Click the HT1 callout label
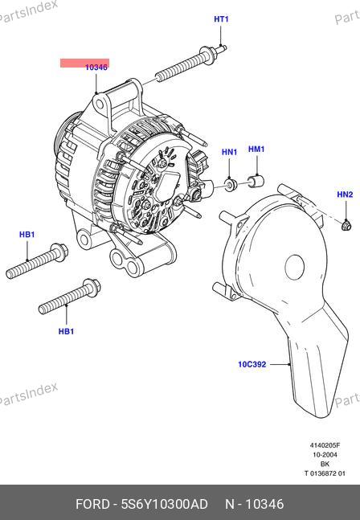tap(221, 19)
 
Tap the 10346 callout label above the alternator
tap(96, 68)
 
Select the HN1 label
tap(229, 152)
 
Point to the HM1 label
tap(256, 149)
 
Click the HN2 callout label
tap(345, 194)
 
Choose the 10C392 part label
tap(252, 364)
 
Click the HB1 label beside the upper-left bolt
tap(27, 235)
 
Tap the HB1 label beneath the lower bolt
tap(66, 331)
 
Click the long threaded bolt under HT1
tap(191, 63)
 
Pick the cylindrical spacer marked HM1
tap(256, 181)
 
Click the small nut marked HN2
tap(346, 226)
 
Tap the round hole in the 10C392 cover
tap(295, 267)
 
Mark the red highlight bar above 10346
tap(84, 63)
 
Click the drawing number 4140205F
tap(325, 445)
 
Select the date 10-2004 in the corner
tap(325, 454)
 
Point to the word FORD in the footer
tap(92, 504)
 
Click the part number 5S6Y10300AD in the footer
tap(165, 504)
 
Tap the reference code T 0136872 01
tap(325, 473)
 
